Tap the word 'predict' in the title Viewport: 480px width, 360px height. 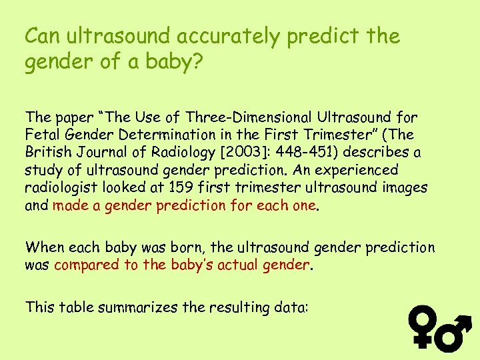(323, 35)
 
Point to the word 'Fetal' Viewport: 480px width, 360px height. (41, 135)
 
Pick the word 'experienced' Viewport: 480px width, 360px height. (347, 170)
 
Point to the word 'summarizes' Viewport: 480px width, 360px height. (132, 307)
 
